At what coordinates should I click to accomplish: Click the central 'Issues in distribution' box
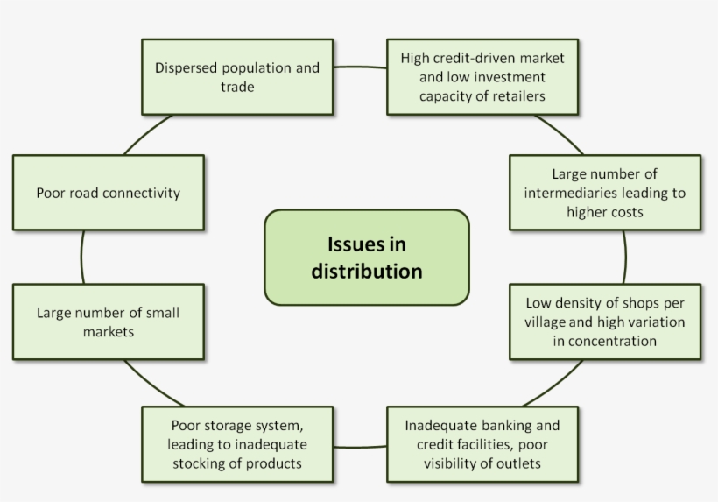tap(366, 258)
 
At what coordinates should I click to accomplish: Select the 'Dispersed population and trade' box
tap(237, 77)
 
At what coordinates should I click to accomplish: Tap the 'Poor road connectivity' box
tap(109, 193)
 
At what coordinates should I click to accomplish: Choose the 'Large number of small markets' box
tap(109, 321)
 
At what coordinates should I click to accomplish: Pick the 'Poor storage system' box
tap(237, 444)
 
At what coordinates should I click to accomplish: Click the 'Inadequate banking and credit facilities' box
tap(482, 444)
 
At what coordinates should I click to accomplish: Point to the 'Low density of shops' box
tap(605, 322)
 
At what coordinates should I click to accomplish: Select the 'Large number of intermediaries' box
tap(605, 193)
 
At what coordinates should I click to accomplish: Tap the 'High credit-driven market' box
tap(482, 77)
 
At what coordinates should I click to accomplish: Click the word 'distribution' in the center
tap(366, 271)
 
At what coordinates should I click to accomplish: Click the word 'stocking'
tap(198, 463)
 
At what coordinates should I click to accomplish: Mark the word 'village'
tap(548, 322)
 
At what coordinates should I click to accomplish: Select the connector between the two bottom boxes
tap(360, 446)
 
